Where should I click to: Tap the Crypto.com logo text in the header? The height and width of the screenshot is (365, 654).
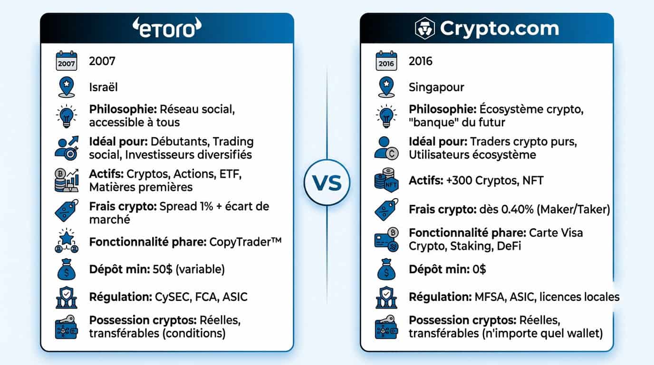pos(499,29)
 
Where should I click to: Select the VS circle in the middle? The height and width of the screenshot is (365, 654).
pos(327,182)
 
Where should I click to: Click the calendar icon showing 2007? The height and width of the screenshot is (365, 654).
pos(66,61)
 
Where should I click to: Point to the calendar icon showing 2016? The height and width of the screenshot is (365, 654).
pos(386,61)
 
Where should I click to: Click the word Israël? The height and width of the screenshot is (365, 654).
pos(103,87)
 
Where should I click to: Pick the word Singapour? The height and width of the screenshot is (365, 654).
pos(436,87)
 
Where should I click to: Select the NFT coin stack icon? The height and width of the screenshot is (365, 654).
pos(386,181)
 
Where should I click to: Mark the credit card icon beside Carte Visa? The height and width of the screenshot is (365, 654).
pos(386,240)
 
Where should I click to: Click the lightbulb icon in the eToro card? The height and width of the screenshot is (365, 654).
pos(66,115)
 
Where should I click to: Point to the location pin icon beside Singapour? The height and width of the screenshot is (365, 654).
pos(386,87)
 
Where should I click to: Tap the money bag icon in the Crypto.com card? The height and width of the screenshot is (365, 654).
pos(386,269)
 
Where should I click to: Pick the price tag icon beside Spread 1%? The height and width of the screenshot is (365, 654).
pos(66,210)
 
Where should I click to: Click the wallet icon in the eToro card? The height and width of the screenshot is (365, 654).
pos(66,327)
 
